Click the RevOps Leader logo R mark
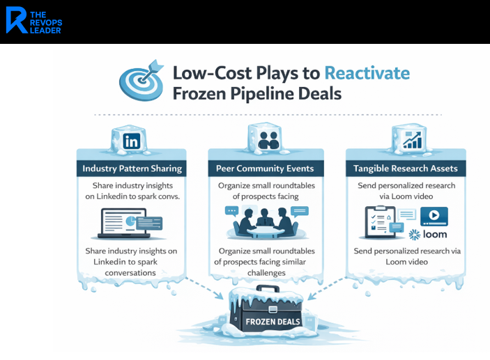click(x=17, y=21)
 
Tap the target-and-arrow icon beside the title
click(x=142, y=79)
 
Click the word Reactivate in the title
click(x=367, y=73)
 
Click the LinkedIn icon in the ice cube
click(x=131, y=141)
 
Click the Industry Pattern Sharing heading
click(x=132, y=169)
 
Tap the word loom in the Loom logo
click(x=435, y=235)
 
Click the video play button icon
click(x=433, y=216)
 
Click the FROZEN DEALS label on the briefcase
click(x=273, y=322)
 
